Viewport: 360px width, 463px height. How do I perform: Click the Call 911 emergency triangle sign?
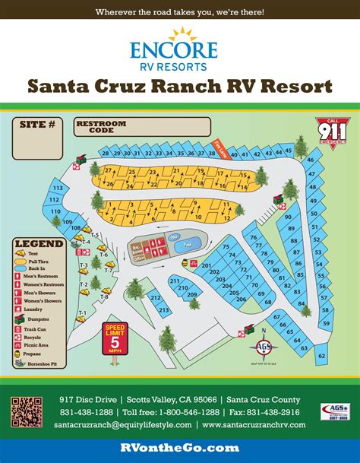click(x=327, y=130)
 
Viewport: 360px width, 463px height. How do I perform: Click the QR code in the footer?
click(x=24, y=411)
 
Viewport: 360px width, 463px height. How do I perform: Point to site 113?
click(x=57, y=188)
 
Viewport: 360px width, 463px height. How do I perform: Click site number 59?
click(x=326, y=323)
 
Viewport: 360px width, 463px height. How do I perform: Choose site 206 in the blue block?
click(x=241, y=300)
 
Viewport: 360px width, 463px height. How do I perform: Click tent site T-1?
click(x=83, y=313)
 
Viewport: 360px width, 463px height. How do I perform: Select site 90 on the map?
click(x=289, y=216)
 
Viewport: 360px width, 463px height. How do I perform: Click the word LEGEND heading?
click(x=38, y=243)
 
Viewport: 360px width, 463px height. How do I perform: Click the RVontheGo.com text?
click(x=179, y=449)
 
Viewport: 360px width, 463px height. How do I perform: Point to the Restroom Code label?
click(x=94, y=125)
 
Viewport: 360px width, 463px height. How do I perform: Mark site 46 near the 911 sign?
click(x=311, y=160)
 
